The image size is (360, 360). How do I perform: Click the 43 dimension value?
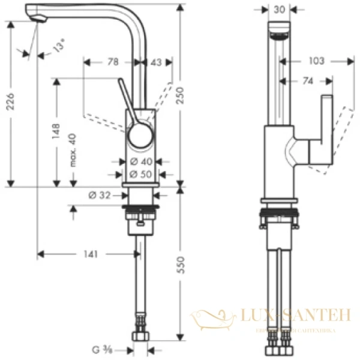click(155, 61)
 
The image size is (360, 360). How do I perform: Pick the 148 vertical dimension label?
click(56, 131)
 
